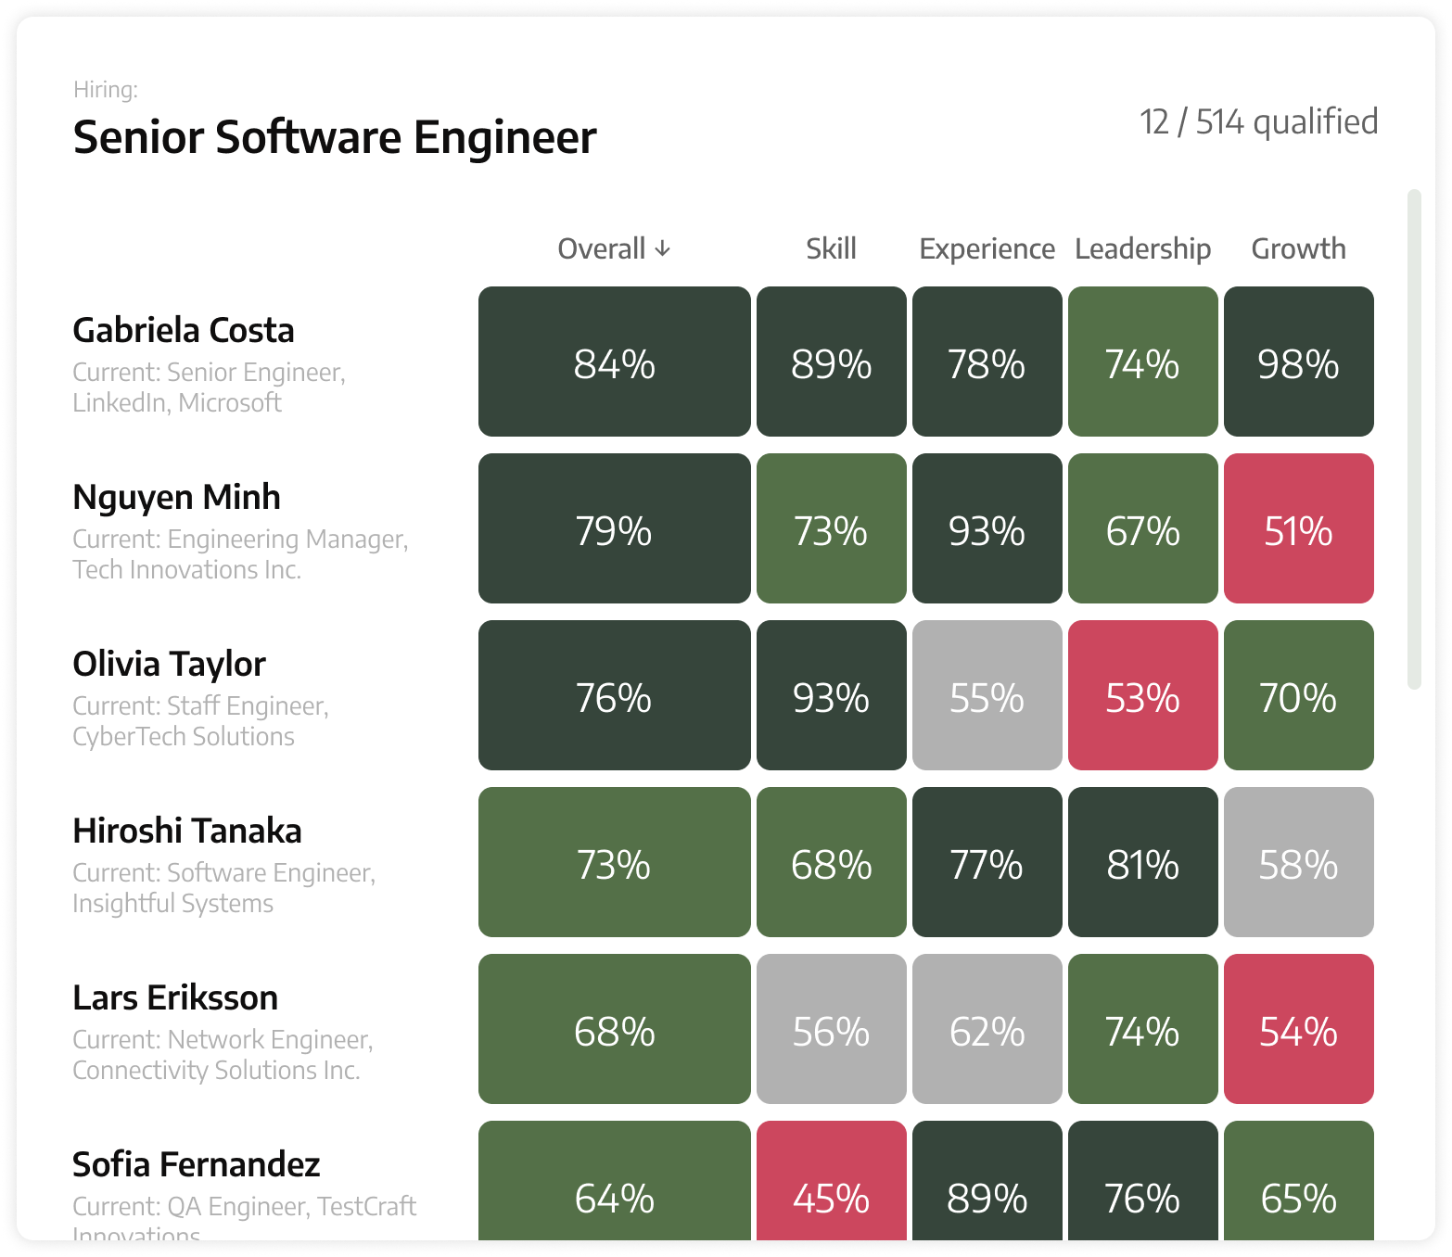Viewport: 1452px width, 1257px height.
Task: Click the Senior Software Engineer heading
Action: (335, 137)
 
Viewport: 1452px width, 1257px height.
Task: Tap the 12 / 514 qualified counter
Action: (1258, 121)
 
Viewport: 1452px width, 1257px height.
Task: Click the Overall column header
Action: (602, 248)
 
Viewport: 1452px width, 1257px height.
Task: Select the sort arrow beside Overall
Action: (662, 248)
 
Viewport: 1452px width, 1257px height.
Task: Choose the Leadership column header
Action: (1142, 248)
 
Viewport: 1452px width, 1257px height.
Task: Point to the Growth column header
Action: (1298, 248)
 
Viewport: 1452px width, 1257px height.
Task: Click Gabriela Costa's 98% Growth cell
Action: (1298, 362)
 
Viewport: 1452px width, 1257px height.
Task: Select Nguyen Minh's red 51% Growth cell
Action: (1298, 528)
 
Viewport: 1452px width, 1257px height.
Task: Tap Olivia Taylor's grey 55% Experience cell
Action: (987, 695)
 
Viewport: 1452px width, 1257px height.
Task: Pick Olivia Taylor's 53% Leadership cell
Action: (1142, 695)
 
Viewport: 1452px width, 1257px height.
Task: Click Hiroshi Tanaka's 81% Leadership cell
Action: (1142, 862)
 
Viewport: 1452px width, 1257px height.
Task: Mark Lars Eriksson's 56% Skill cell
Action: (831, 1029)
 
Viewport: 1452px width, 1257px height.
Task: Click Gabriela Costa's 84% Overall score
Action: (614, 362)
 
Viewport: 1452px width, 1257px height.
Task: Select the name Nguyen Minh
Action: (176, 497)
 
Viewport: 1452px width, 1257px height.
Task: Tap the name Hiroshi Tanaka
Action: (186, 831)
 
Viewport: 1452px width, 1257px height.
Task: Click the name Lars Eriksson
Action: (175, 997)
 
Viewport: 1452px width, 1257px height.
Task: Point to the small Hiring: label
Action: (106, 90)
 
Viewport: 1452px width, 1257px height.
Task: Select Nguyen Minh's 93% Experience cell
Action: (987, 528)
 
